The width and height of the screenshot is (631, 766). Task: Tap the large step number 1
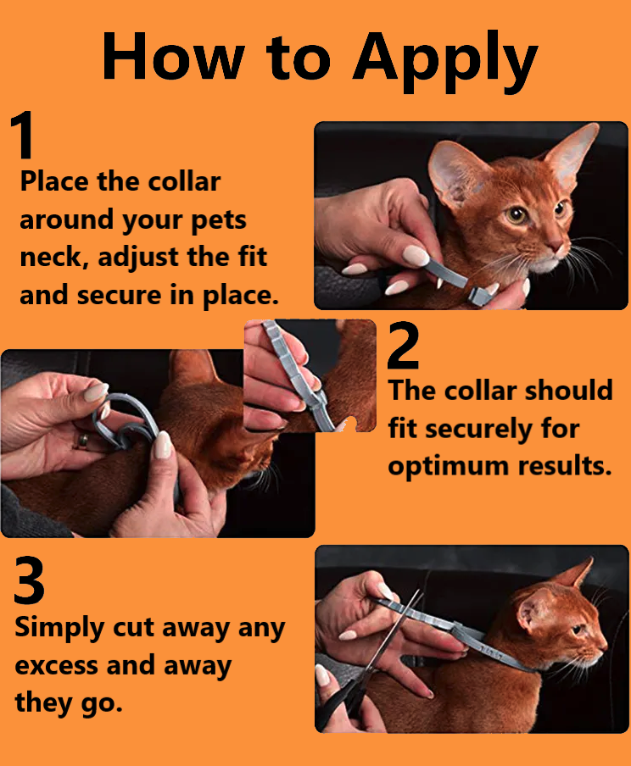(25, 136)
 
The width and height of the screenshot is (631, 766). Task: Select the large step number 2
(404, 346)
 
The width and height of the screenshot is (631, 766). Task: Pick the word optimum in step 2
(440, 467)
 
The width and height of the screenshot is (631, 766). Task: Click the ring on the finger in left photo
(83, 441)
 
